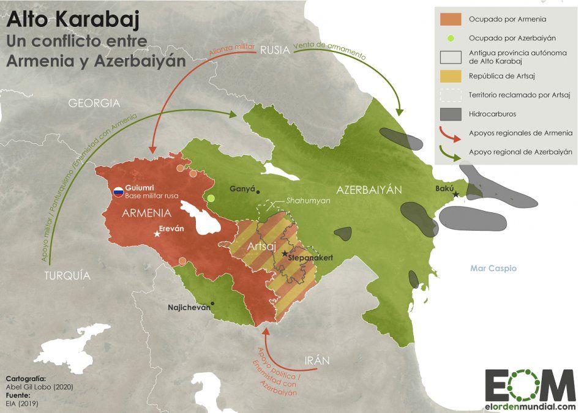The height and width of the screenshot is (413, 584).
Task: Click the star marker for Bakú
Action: (x=456, y=194)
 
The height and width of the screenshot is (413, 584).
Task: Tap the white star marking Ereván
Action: (x=157, y=234)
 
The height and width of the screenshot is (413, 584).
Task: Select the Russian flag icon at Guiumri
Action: (x=118, y=192)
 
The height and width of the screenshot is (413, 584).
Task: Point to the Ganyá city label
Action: (x=241, y=189)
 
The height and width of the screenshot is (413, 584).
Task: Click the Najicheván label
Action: (x=189, y=307)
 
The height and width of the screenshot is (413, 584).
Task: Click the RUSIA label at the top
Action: (x=274, y=51)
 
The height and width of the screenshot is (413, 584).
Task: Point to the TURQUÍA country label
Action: (x=67, y=276)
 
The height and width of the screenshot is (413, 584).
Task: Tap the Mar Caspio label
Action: (x=493, y=269)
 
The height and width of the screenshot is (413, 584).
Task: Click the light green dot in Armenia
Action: (x=211, y=198)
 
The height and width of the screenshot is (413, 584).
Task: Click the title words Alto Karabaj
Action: (x=73, y=20)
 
